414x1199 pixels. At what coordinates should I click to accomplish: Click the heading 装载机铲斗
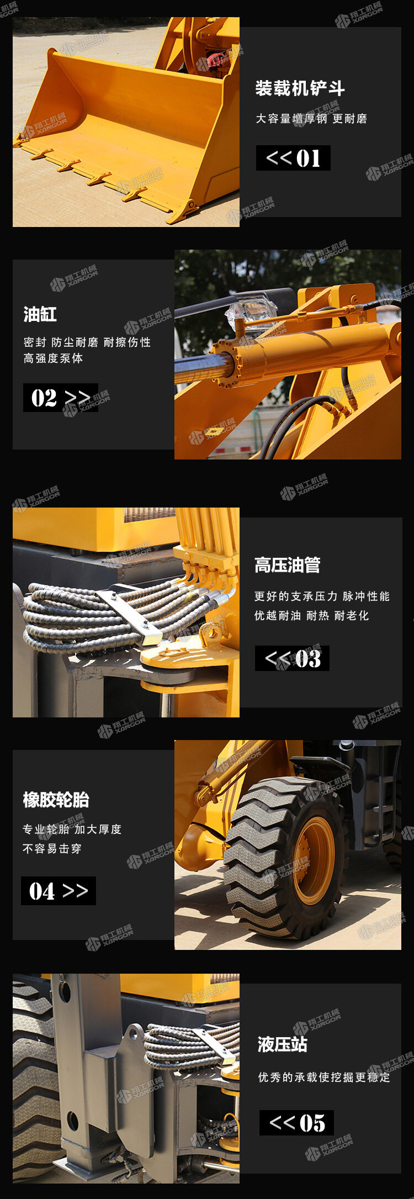click(x=300, y=88)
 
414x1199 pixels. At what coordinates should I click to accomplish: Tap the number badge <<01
click(x=293, y=158)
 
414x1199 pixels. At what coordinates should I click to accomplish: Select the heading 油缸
click(x=40, y=314)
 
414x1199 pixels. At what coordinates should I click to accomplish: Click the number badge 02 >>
click(x=61, y=398)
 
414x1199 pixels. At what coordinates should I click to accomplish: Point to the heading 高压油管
click(x=287, y=565)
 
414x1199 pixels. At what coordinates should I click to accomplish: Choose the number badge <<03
click(x=292, y=658)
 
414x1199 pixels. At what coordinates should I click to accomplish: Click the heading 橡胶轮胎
click(x=56, y=799)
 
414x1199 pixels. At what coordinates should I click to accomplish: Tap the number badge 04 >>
click(x=59, y=891)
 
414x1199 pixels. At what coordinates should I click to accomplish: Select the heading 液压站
click(x=282, y=1044)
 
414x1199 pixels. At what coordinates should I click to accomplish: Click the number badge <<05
click(x=296, y=1123)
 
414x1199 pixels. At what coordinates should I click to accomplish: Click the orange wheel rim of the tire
click(x=314, y=860)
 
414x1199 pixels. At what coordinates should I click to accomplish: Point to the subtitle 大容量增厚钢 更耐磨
click(x=311, y=119)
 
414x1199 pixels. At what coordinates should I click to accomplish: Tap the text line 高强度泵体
click(x=53, y=358)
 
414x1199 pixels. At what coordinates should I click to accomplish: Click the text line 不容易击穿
click(x=52, y=849)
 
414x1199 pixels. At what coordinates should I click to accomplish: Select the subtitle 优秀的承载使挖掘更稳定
click(x=324, y=1077)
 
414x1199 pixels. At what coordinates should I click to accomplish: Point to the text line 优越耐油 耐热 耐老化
click(x=311, y=616)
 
